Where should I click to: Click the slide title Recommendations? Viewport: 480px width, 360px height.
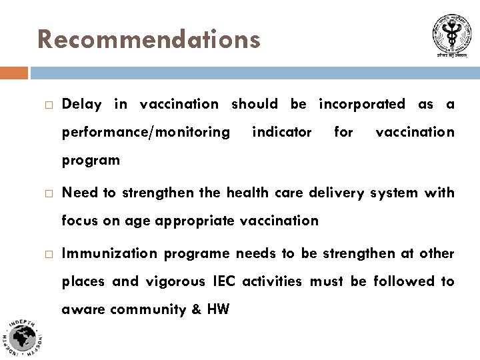pyautogui.click(x=149, y=39)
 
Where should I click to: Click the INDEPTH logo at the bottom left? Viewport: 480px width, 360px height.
pyautogui.click(x=23, y=337)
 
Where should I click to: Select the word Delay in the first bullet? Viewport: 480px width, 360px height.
pyautogui.click(x=81, y=104)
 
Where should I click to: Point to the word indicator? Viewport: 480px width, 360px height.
pyautogui.click(x=282, y=132)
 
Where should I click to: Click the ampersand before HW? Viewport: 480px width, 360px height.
pyautogui.click(x=193, y=309)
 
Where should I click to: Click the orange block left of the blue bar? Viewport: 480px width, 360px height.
pyautogui.click(x=14, y=72)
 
